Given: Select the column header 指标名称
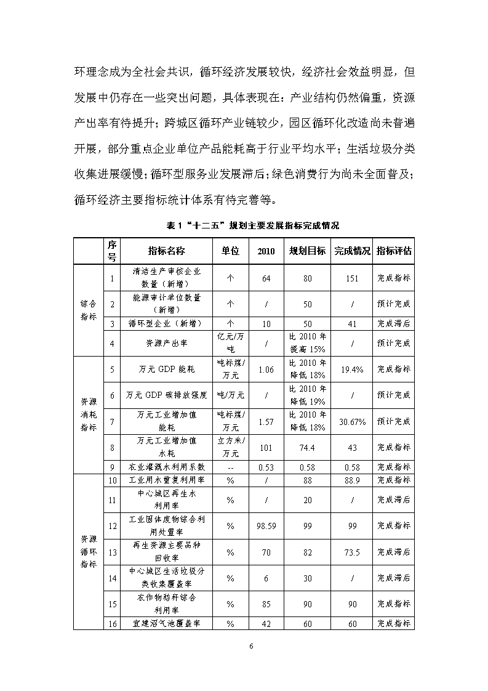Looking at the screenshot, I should coord(166,251).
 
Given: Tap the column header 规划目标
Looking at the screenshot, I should coord(308,251).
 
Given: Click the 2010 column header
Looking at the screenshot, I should coord(266,251).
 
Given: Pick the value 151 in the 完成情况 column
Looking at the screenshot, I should coord(352,278).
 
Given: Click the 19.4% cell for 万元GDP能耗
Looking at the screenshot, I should coord(352,370).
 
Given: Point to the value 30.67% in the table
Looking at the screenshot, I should coord(352,422).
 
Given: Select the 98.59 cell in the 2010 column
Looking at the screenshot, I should coord(266,526).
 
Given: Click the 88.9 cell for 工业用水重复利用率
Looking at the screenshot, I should coord(352,480).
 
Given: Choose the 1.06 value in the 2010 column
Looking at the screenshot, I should coord(266,370).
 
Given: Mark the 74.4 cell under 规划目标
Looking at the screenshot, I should coord(308,447).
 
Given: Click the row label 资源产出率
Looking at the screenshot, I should coord(163,343).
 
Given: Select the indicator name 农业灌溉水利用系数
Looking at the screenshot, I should coord(166,467).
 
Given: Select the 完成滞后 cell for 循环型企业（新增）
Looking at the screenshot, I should coord(394,323).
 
